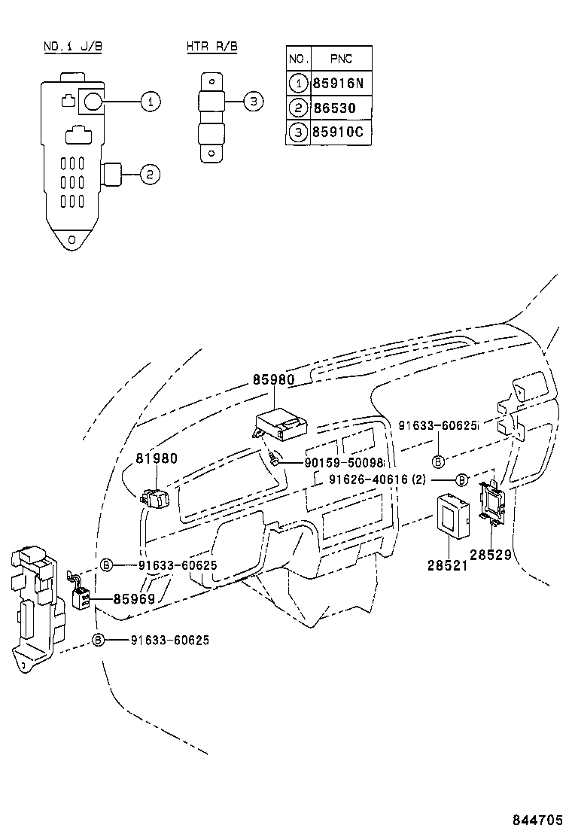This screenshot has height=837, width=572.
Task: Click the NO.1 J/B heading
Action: pos(73,47)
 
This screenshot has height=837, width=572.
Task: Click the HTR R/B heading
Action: pos(212,47)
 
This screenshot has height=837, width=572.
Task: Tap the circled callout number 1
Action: pos(151,102)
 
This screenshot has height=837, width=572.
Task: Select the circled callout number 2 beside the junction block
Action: pos(150,175)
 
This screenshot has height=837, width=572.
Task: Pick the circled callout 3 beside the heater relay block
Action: pos(254,102)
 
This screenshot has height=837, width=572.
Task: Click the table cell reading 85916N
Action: pos(342,83)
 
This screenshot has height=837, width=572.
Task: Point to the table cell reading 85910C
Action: pos(342,132)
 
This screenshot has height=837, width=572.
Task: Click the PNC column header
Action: pos(340,58)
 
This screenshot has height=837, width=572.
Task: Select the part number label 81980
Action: pos(157,458)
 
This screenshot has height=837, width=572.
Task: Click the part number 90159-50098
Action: pos(344,463)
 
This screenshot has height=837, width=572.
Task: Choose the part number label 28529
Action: pos(491,555)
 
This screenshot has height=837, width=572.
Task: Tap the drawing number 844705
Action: pos(538,819)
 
